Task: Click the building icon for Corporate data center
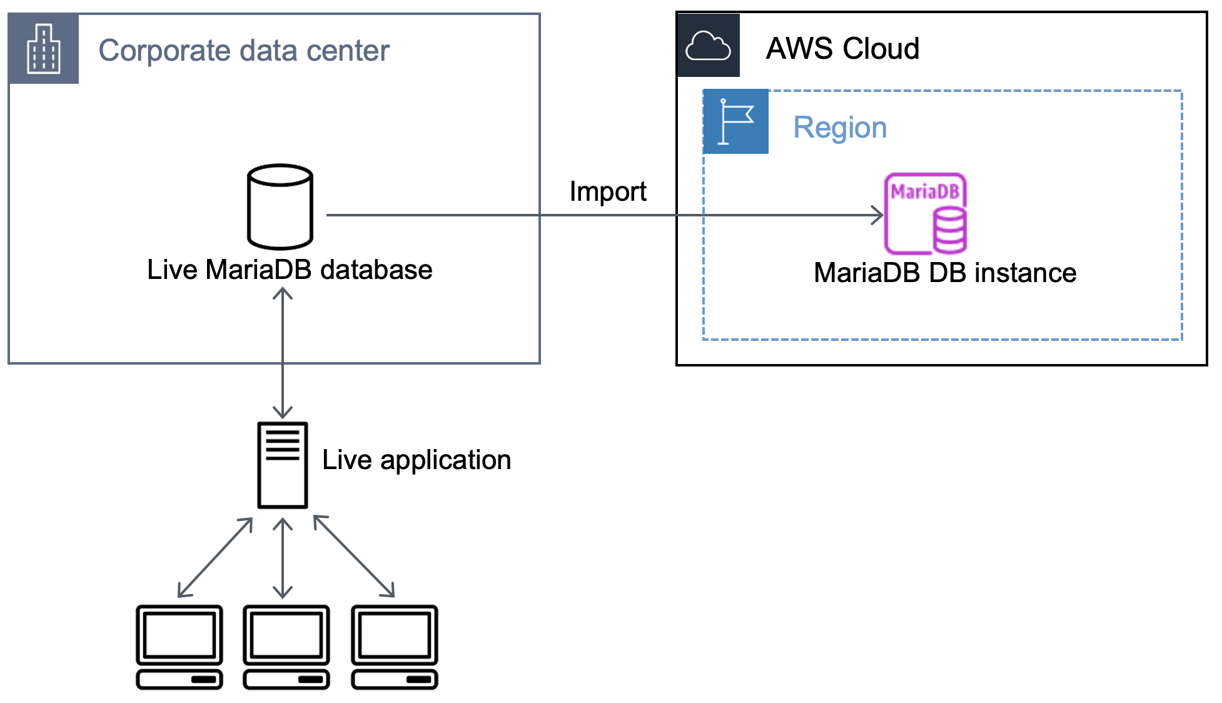click(44, 49)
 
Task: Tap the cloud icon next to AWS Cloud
click(708, 46)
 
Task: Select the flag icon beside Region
click(735, 121)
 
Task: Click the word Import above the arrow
click(608, 191)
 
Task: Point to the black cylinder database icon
click(280, 207)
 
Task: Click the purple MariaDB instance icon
click(926, 213)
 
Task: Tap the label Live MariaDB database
click(290, 270)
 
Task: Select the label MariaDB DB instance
click(945, 273)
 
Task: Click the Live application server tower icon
click(283, 465)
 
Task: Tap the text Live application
click(417, 460)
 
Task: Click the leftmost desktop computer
click(179, 647)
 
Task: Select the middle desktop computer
click(286, 647)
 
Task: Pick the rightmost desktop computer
click(395, 647)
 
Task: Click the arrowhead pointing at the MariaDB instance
click(878, 215)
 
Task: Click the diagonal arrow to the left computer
click(215, 557)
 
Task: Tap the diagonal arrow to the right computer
click(354, 556)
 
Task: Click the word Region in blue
click(840, 128)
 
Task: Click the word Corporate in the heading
click(164, 51)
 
